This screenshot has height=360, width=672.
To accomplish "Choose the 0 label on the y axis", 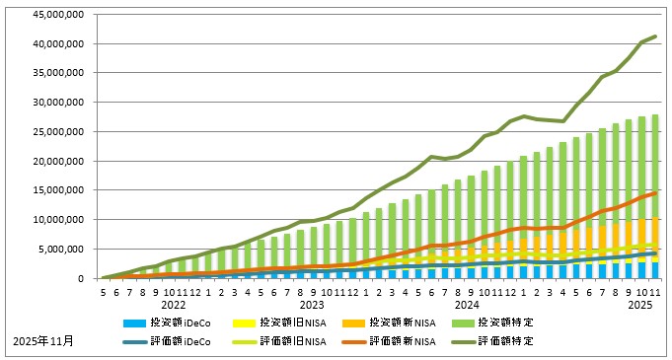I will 80,279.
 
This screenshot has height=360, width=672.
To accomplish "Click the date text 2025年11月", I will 42,340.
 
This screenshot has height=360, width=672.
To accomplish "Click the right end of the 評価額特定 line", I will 656,36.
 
